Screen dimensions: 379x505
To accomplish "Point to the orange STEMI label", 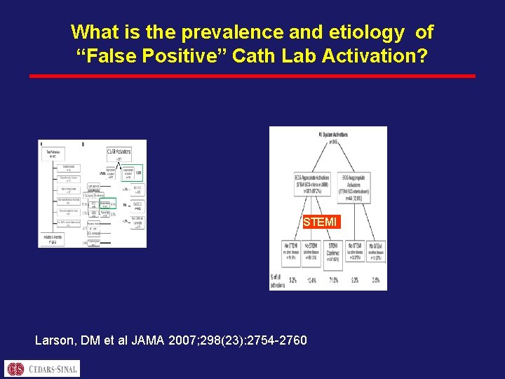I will (x=320, y=222).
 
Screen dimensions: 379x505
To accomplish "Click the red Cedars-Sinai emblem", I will (x=15, y=368).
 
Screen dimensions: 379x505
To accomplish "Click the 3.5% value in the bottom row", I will (x=376, y=280).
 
